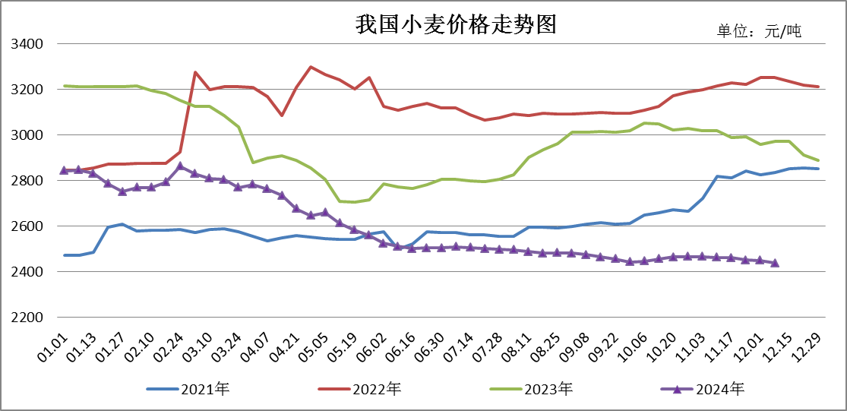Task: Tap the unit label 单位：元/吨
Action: click(759, 31)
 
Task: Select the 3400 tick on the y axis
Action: click(27, 43)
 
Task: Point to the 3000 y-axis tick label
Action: click(27, 134)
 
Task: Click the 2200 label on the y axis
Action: click(27, 317)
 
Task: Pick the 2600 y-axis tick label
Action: click(27, 226)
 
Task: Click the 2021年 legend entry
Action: click(188, 389)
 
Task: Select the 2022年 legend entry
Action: click(360, 389)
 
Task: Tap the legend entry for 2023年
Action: click(531, 389)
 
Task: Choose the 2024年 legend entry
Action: click(702, 389)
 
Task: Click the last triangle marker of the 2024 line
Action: click(775, 263)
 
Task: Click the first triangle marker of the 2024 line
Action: click(64, 169)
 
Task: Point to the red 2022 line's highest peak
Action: click(311, 67)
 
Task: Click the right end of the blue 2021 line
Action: click(818, 169)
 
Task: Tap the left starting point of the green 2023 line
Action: click(65, 86)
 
